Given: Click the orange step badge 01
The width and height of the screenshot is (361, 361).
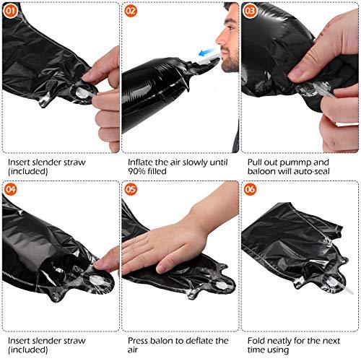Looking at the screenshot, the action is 10,11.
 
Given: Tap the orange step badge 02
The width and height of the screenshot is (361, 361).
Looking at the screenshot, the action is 131,11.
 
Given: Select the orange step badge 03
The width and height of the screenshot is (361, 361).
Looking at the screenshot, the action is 250,11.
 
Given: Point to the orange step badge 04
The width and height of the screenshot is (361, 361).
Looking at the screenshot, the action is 10,189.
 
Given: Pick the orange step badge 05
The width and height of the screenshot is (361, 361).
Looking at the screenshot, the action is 131,189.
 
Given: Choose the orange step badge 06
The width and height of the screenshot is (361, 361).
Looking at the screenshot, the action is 250,189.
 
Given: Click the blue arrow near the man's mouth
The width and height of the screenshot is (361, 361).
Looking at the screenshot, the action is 206,52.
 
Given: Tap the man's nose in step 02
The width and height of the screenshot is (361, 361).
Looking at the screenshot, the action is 219,39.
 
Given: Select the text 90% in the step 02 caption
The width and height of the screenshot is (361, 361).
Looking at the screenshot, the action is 136,171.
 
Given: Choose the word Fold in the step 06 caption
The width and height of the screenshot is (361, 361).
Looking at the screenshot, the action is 256,341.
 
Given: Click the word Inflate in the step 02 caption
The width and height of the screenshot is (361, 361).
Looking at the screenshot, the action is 140,162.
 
